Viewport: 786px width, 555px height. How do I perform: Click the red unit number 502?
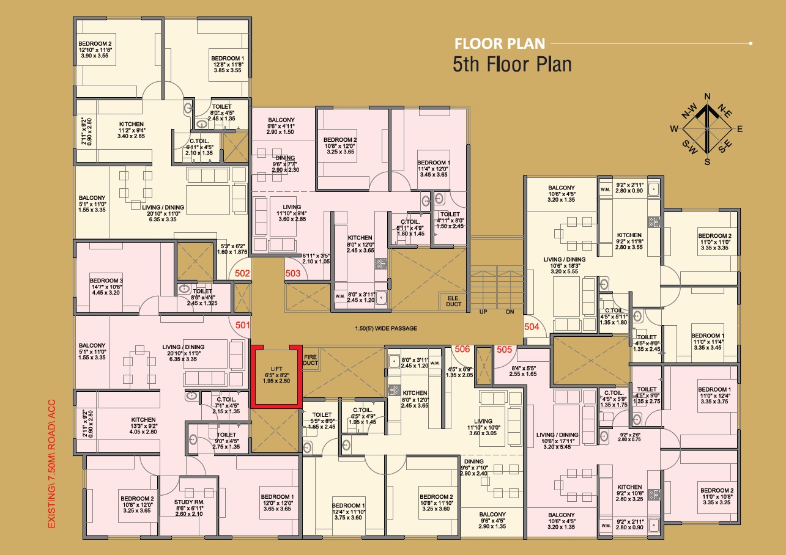click(242, 273)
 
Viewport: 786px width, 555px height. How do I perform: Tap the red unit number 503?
click(292, 273)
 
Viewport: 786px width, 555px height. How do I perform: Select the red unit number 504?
click(532, 327)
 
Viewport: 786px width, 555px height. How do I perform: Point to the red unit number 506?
click(462, 349)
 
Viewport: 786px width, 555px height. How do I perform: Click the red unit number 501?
click(242, 325)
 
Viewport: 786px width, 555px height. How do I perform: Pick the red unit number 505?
click(504, 349)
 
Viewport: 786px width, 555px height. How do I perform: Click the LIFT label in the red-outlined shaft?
click(276, 369)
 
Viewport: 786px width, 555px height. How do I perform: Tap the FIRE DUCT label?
click(310, 360)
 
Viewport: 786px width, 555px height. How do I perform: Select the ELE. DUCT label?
click(454, 301)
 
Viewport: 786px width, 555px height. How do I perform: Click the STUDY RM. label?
click(189, 502)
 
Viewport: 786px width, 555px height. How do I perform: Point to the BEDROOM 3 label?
click(106, 281)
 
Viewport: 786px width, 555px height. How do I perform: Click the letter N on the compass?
click(707, 97)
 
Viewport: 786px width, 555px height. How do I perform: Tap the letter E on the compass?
click(740, 129)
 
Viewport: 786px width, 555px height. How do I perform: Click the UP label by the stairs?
click(483, 312)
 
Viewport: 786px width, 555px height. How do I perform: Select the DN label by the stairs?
click(510, 312)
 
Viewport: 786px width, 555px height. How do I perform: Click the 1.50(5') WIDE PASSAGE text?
click(386, 328)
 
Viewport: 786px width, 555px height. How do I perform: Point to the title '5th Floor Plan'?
click(512, 64)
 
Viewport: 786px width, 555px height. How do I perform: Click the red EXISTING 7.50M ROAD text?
click(51, 464)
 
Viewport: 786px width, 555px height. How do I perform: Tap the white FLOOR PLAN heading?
click(500, 44)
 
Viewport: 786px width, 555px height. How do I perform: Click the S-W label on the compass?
click(689, 147)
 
